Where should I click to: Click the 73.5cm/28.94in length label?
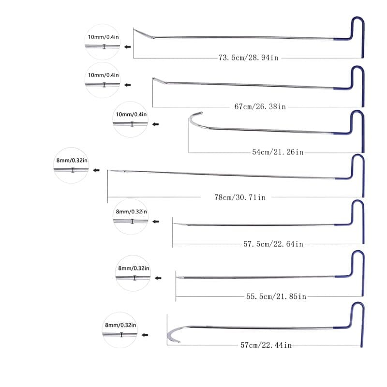pos(248,58)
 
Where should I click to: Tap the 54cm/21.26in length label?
pos(278,152)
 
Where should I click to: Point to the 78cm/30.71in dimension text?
pos(239,197)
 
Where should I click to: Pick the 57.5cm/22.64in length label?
pos(273,244)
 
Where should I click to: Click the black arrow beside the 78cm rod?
pos(96,170)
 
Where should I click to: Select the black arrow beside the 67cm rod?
pos(128,85)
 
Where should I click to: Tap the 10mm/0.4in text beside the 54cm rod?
pos(131,114)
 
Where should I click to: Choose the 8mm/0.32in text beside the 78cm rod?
pos(71,160)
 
